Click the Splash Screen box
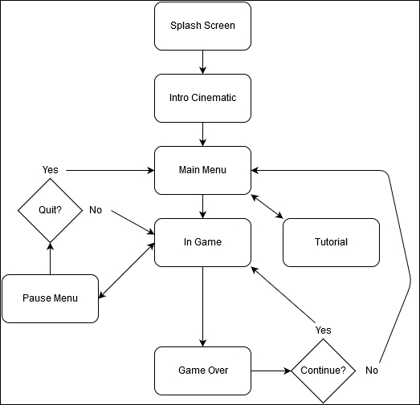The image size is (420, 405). click(x=202, y=26)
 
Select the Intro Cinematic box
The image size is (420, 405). click(x=202, y=98)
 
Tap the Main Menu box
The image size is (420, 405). click(x=202, y=170)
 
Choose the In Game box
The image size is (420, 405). click(x=202, y=243)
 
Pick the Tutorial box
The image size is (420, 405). click(x=332, y=243)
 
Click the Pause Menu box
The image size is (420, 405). click(x=50, y=299)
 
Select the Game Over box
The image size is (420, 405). click(x=202, y=371)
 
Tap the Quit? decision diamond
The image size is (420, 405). click(x=50, y=211)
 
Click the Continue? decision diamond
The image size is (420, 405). click(x=324, y=371)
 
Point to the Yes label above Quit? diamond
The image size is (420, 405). click(x=50, y=170)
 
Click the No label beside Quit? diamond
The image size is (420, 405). click(x=96, y=210)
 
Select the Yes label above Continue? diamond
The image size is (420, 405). click(x=324, y=330)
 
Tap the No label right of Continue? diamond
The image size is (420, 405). click(x=372, y=371)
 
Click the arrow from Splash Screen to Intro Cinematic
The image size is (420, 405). click(x=202, y=62)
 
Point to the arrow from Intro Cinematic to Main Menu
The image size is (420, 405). click(x=202, y=134)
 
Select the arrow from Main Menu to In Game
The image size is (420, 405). click(x=202, y=207)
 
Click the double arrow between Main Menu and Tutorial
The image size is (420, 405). click(x=267, y=207)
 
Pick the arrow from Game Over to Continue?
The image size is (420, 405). click(x=271, y=371)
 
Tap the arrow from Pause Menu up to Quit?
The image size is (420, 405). click(x=50, y=259)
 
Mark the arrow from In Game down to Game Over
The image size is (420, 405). click(x=202, y=307)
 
